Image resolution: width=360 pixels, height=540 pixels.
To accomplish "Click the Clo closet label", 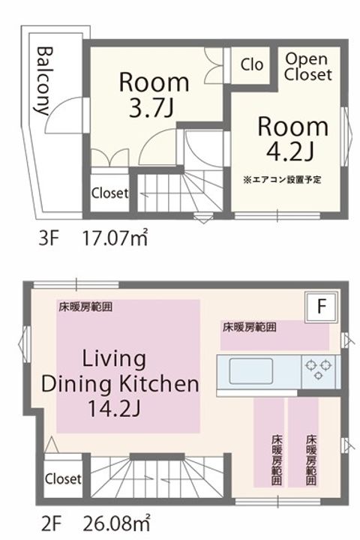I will click(x=252, y=65).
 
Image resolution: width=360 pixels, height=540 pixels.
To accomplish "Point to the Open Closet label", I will click(x=307, y=67).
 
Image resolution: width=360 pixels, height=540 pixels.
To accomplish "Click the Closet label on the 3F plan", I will click(x=109, y=193).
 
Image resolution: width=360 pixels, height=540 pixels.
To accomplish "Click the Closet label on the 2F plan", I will click(x=63, y=478).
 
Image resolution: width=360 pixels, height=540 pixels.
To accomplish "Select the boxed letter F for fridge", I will click(x=320, y=306).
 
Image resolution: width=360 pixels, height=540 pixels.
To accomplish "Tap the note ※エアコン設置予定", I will click(x=282, y=180).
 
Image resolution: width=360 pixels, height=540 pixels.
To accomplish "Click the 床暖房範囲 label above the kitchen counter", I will click(x=248, y=327).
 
